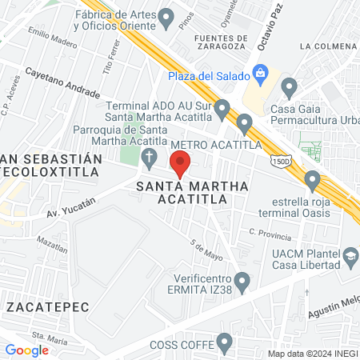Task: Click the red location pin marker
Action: [181, 166]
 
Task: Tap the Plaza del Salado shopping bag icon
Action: [261, 74]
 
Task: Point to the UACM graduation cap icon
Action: [350, 256]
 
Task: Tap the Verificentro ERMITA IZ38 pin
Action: [244, 280]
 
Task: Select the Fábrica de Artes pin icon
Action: [166, 16]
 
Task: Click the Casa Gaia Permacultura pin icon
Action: [290, 86]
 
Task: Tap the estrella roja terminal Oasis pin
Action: [313, 178]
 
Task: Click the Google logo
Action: [26, 350]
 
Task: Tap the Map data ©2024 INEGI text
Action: [310, 353]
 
